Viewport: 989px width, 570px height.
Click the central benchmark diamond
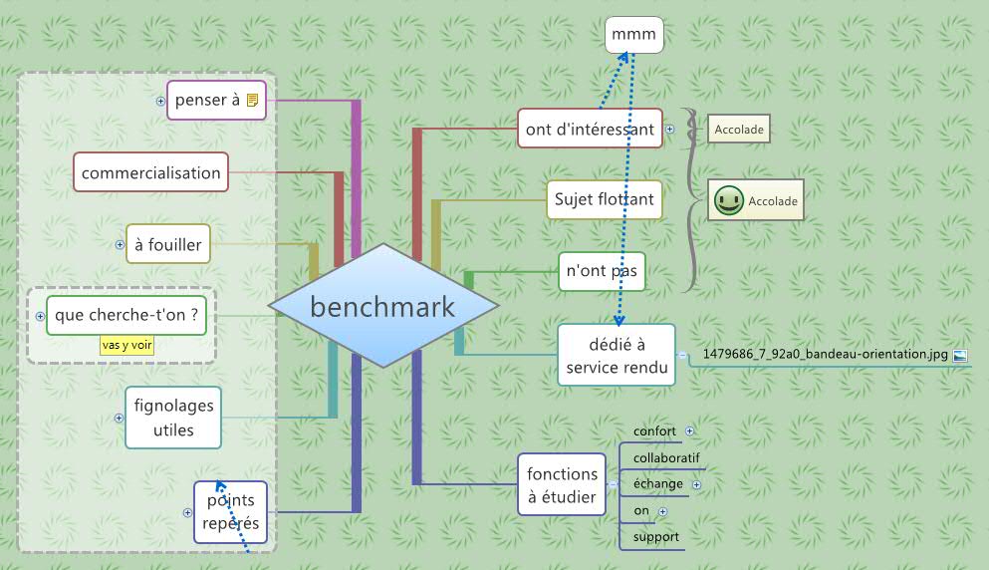click(382, 307)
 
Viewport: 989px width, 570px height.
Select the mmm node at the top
click(633, 36)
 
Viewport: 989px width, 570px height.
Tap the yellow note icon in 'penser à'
click(253, 100)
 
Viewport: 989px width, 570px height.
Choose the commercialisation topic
click(151, 172)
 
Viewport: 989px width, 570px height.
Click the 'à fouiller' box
click(168, 243)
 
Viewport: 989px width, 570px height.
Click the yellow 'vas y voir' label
click(127, 345)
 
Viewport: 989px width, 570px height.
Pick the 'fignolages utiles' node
click(173, 418)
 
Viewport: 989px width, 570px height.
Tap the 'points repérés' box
click(230, 511)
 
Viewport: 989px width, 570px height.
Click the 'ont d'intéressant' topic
click(590, 129)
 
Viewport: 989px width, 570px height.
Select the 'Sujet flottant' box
click(604, 199)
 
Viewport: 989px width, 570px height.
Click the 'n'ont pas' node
click(602, 270)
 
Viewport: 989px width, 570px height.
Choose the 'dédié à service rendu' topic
click(617, 355)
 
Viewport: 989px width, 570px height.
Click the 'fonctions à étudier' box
click(562, 484)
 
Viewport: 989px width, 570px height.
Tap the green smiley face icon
click(728, 200)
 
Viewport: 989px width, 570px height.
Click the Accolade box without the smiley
click(738, 129)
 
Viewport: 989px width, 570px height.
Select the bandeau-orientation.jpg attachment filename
click(825, 353)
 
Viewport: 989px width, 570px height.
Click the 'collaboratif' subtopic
click(666, 457)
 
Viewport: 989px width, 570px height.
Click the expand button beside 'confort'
click(689, 431)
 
